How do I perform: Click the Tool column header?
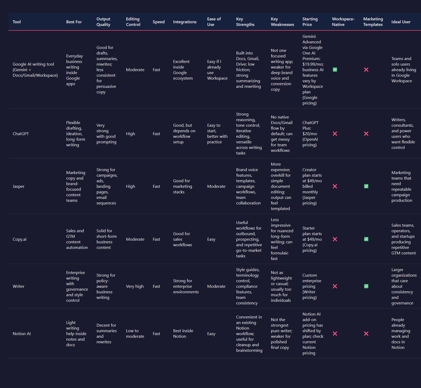point(17,22)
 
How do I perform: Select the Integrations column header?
point(185,22)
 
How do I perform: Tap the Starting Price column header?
point(310,22)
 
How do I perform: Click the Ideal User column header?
point(401,22)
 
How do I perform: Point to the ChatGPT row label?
point(21,134)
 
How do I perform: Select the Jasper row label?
point(19,186)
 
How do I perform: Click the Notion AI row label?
point(22,334)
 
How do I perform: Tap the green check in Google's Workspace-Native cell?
point(335,70)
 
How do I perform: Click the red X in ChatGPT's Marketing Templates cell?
point(366,134)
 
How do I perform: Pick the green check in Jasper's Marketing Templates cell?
point(366,186)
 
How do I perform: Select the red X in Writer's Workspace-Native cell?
point(335,286)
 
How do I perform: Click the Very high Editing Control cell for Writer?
point(135,286)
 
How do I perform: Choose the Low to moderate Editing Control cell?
point(135,334)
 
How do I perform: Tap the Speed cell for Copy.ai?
point(156,239)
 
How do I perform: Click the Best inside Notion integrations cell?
point(183,334)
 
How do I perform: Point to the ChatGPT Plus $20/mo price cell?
point(310,134)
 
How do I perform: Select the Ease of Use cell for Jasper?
point(216,186)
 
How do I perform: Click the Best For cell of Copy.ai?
point(77,239)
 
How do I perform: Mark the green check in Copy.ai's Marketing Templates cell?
point(366,239)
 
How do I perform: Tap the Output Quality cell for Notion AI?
point(106,334)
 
